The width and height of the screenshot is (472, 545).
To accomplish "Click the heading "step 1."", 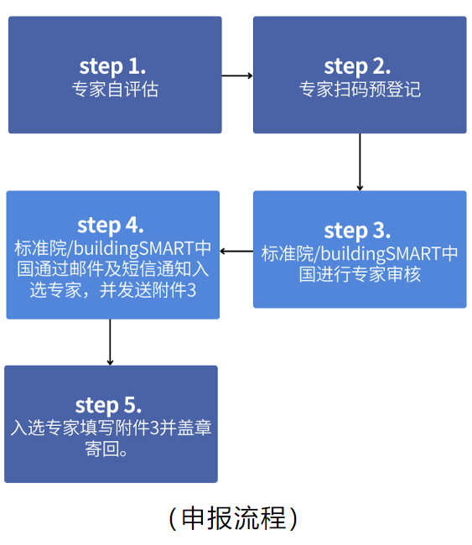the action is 112,66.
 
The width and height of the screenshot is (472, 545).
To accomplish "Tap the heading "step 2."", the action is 357,66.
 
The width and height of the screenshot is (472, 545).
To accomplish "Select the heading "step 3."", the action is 357,231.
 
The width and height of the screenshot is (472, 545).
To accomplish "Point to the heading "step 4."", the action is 110,226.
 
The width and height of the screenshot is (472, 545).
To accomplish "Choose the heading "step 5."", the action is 108,405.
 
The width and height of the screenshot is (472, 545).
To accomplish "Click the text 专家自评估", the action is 115,90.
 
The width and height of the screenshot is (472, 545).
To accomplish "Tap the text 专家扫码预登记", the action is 360,90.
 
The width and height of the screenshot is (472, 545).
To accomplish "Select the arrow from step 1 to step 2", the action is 237,75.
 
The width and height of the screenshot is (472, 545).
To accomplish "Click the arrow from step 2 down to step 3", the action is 360,162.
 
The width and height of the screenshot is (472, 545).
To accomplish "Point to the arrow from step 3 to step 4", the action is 236,251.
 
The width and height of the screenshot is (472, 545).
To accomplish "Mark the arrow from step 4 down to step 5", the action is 110,342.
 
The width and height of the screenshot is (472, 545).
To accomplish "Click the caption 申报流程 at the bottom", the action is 233,518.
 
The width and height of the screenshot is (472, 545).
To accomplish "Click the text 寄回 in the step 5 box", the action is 102,449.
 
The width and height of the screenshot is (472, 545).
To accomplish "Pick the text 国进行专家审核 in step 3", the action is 360,274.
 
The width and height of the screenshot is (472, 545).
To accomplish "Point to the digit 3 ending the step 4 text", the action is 191,291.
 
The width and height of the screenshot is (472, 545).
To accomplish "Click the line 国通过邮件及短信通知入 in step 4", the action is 113,269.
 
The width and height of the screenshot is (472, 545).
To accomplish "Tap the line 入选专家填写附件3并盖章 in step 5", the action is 111,428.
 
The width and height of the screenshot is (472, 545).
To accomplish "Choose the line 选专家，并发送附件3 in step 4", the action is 113,290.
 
